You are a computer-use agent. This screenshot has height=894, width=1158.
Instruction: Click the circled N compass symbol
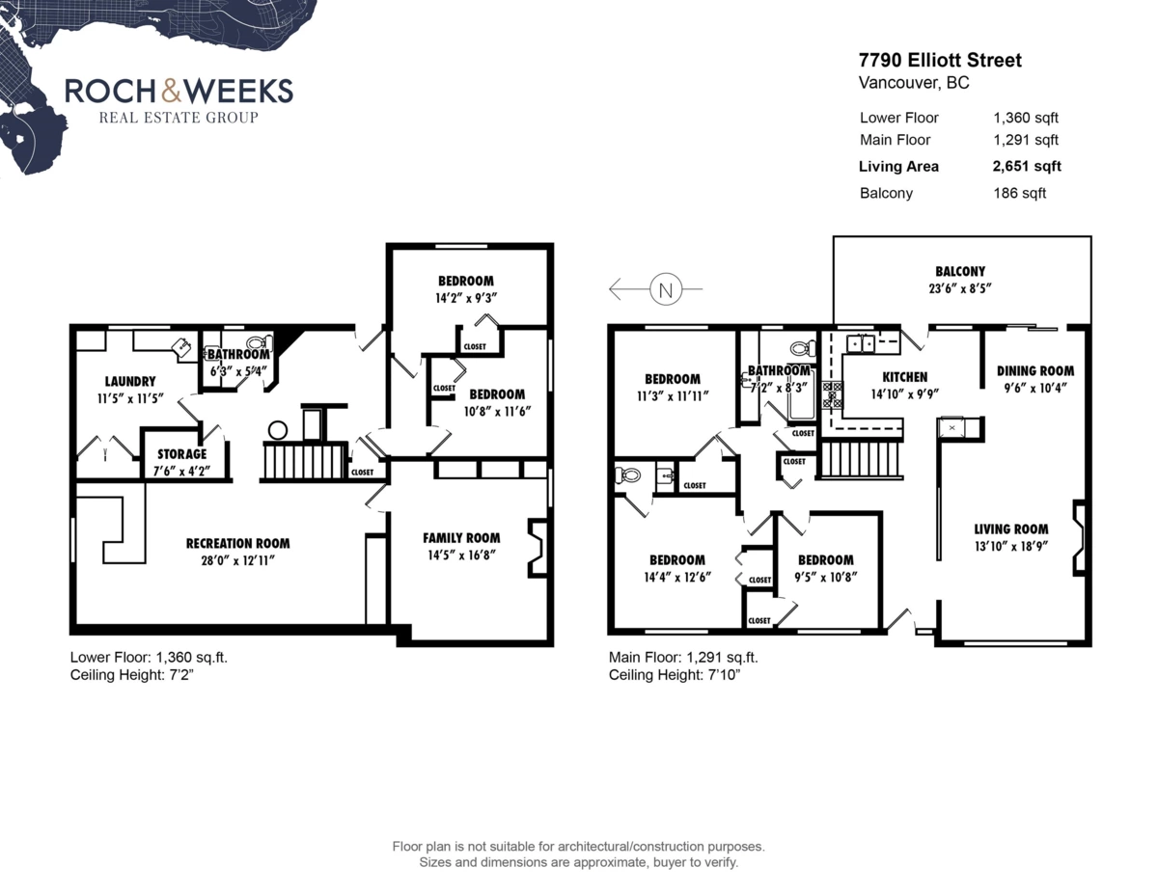pyautogui.click(x=664, y=288)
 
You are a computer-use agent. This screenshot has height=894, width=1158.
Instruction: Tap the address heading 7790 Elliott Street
pyautogui.click(x=940, y=61)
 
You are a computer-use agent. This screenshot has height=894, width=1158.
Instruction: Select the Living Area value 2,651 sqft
pyautogui.click(x=1027, y=166)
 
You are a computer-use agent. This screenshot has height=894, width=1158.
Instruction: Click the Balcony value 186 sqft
pyautogui.click(x=1020, y=193)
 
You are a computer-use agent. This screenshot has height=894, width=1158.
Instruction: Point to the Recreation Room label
pyautogui.click(x=237, y=543)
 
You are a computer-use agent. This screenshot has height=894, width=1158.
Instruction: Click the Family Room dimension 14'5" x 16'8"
pyautogui.click(x=461, y=555)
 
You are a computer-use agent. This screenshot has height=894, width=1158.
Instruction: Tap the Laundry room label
pyautogui.click(x=129, y=382)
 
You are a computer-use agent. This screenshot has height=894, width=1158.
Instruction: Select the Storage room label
pyautogui.click(x=182, y=453)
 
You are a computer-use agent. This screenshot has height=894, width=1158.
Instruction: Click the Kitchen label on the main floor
pyautogui.click(x=904, y=377)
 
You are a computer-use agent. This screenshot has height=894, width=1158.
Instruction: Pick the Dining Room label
pyautogui.click(x=1034, y=370)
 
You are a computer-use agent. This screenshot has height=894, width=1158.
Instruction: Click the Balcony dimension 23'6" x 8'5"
pyautogui.click(x=959, y=287)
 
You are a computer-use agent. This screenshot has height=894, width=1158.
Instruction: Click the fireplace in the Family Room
pyautogui.click(x=537, y=549)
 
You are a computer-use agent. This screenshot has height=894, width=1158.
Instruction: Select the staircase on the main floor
pyautogui.click(x=861, y=459)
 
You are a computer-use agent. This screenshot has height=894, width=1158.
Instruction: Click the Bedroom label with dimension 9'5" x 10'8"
pyautogui.click(x=825, y=560)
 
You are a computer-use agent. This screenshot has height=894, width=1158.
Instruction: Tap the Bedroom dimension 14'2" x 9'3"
pyautogui.click(x=465, y=298)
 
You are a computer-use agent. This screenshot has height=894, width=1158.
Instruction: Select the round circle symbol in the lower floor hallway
pyautogui.click(x=278, y=430)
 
